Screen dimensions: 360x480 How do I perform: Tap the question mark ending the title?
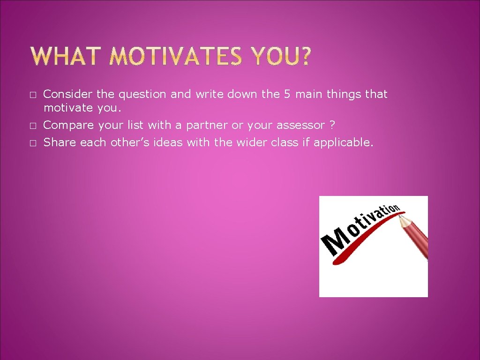click(x=304, y=57)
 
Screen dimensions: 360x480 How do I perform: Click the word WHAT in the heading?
click(x=64, y=57)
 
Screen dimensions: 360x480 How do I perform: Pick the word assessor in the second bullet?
click(x=300, y=125)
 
